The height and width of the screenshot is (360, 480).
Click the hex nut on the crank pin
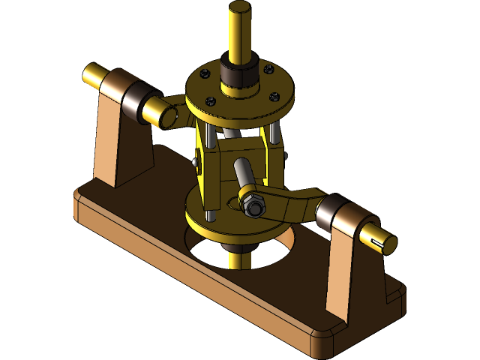254,205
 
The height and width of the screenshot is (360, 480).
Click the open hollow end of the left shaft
166,115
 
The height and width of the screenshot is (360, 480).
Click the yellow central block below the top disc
240,161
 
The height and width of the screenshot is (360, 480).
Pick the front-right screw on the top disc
274,96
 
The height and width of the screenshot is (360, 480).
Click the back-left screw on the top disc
202,73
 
